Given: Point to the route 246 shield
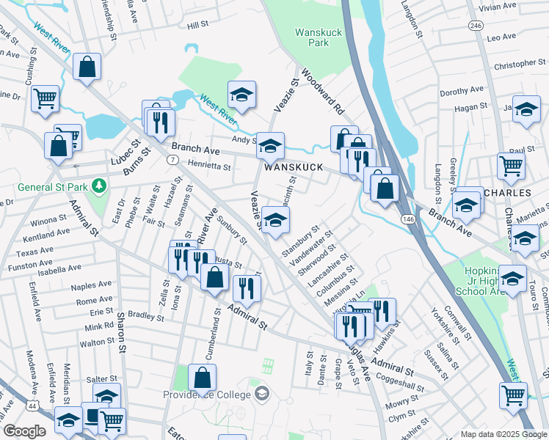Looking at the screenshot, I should (476, 25).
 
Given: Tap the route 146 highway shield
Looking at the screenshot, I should (407, 219).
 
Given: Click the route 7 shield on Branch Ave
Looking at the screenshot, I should (171, 159).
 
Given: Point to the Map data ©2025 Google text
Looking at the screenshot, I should (503, 433).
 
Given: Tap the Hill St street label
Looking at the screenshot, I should (197, 25).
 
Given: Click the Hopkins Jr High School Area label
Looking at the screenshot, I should (485, 281).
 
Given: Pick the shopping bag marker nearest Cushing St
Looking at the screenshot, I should (87, 67).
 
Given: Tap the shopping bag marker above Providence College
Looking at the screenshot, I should (203, 378).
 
